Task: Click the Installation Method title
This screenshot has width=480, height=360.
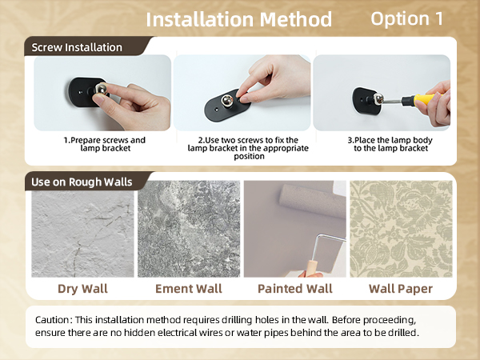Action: [238, 18]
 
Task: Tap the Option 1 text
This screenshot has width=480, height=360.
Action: [406, 18]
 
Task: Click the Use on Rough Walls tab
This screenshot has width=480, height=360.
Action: [82, 182]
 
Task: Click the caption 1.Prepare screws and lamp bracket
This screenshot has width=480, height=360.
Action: [104, 144]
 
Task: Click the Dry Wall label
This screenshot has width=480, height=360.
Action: [82, 288]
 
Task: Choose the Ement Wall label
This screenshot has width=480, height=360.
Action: [189, 288]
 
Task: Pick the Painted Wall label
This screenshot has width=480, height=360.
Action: [294, 288]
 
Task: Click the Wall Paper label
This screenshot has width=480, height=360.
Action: [400, 288]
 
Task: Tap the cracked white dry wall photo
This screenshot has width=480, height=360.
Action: [82, 229]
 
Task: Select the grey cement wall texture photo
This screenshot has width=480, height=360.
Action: [189, 229]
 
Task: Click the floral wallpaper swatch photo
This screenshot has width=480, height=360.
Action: [401, 229]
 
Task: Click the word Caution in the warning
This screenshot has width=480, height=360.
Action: [54, 319]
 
